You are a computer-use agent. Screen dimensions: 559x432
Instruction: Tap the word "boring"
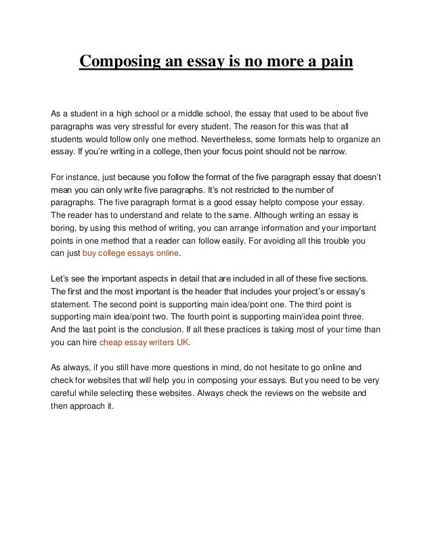[x=64, y=229]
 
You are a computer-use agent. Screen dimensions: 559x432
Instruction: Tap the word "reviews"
[x=269, y=393]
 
